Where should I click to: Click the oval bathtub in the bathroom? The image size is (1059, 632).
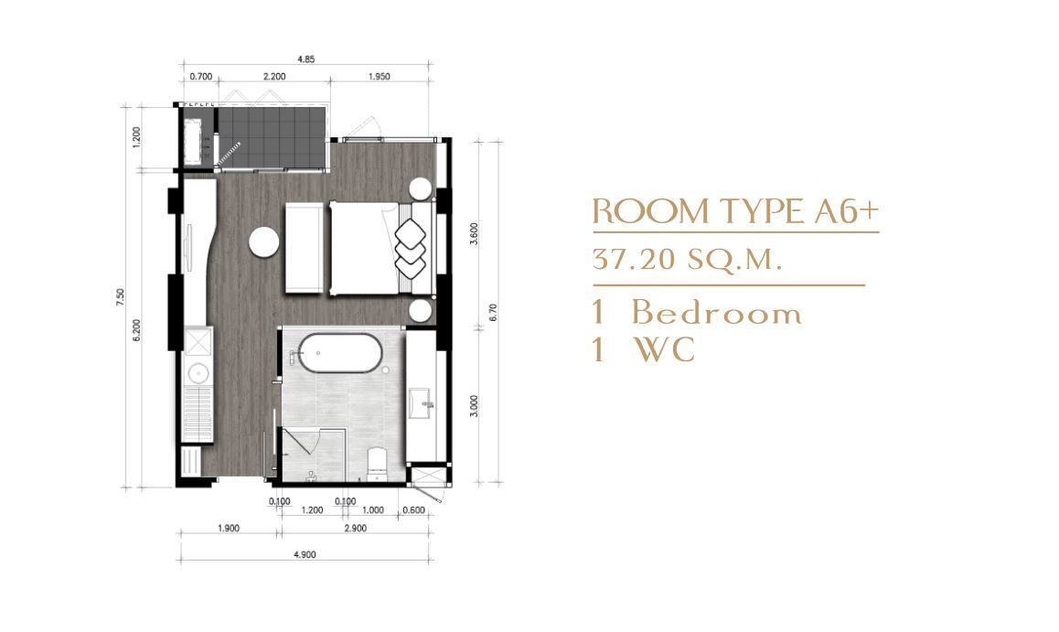point(340,352)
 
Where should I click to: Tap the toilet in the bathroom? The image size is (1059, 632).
point(377,464)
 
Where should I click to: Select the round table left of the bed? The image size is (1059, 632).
point(263,241)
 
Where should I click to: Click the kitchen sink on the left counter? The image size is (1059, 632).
point(198,373)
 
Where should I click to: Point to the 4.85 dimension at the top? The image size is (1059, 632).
point(306,59)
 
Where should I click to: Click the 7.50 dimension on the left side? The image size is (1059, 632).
point(120,297)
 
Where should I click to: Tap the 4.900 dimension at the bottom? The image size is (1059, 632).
point(305,555)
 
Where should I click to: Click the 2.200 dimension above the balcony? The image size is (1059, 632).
point(273,77)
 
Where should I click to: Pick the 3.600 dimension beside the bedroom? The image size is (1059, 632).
point(474,233)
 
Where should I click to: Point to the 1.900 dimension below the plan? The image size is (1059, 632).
point(229,528)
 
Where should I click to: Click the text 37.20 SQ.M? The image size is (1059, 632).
point(687,260)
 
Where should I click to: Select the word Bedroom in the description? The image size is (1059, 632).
point(717,313)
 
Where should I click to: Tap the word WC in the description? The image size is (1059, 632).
point(664,349)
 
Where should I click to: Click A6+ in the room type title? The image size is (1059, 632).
point(843,211)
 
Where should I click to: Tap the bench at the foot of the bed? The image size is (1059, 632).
point(304,248)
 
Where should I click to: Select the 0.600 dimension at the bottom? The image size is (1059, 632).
point(413,510)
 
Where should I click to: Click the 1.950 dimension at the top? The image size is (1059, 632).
point(379,77)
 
